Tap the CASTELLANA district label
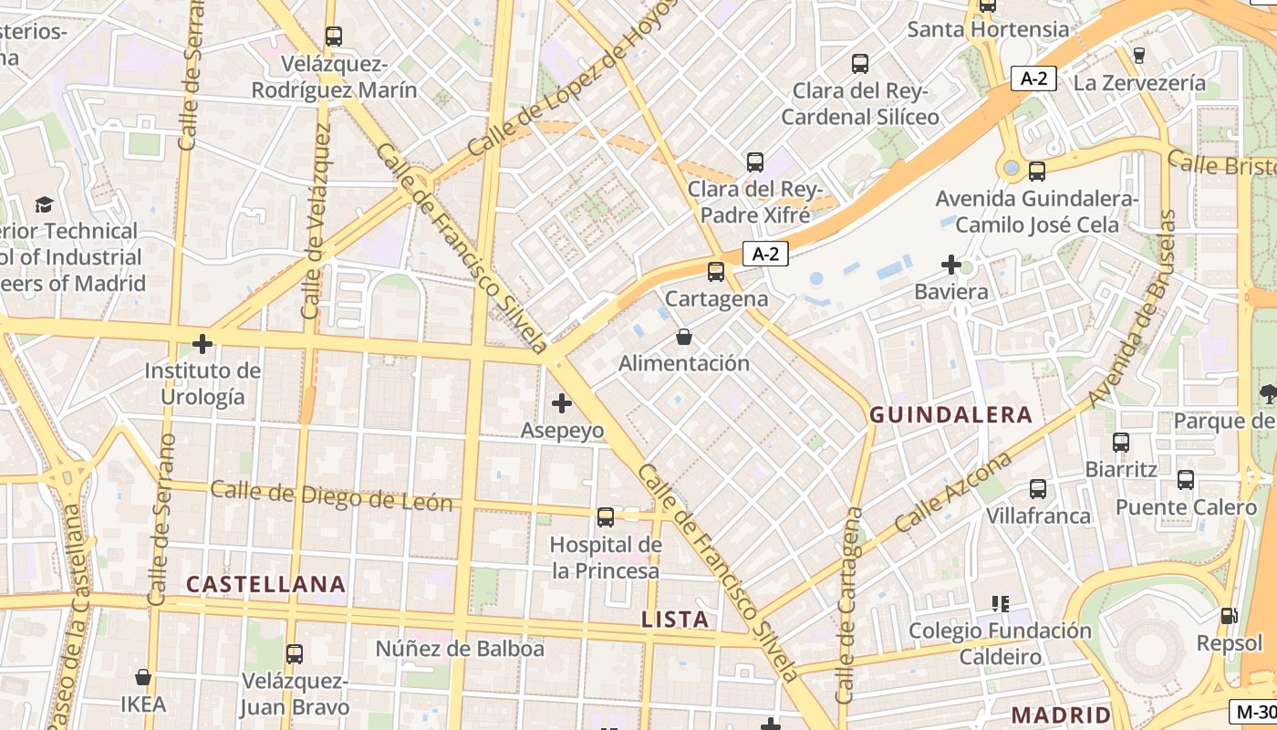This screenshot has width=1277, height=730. pyautogui.click(x=266, y=584)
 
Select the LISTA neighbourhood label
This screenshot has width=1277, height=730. pyautogui.click(x=675, y=620)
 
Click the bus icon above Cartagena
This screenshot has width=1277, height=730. pyautogui.click(x=716, y=271)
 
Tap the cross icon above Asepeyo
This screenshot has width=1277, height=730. pyautogui.click(x=562, y=402)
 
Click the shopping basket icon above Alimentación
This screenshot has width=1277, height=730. pyautogui.click(x=684, y=338)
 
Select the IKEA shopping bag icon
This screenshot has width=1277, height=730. pyautogui.click(x=143, y=677)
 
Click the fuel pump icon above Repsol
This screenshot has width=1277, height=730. pyautogui.click(x=1230, y=617)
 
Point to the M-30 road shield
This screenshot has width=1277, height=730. pyautogui.click(x=1253, y=711)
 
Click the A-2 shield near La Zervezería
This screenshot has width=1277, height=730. pyautogui.click(x=1033, y=78)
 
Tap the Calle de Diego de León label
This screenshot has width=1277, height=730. pyautogui.click(x=331, y=496)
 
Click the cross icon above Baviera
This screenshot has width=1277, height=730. pyautogui.click(x=951, y=266)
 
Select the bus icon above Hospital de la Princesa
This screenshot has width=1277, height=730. pyautogui.click(x=606, y=517)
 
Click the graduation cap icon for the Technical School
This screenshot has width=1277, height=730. pyautogui.click(x=44, y=204)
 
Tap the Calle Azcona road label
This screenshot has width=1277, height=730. pyautogui.click(x=954, y=492)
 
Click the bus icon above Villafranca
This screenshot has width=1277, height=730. pyautogui.click(x=1038, y=489)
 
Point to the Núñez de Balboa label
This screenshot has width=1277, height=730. pyautogui.click(x=460, y=649)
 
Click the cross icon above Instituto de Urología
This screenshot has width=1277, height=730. pyautogui.click(x=202, y=344)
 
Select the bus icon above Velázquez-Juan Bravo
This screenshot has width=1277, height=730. pyautogui.click(x=294, y=654)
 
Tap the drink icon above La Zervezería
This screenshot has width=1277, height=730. pyautogui.click(x=1138, y=55)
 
